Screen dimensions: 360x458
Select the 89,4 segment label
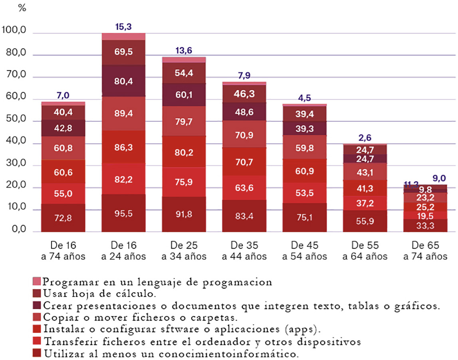pos(123,113)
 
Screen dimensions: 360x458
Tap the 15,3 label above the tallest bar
pos(123,27)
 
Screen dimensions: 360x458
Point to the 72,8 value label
pos(63,218)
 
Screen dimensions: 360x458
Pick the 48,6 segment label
pos(244,112)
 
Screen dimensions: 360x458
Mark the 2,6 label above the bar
pos(365,138)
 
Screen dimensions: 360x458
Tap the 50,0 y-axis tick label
pos(16,119)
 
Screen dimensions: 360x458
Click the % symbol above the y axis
pos(22,8)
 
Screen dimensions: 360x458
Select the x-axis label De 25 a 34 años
pos(184,251)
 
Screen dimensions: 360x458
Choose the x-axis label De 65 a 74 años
pos(425,251)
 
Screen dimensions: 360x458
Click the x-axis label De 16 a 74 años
pos(63,251)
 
